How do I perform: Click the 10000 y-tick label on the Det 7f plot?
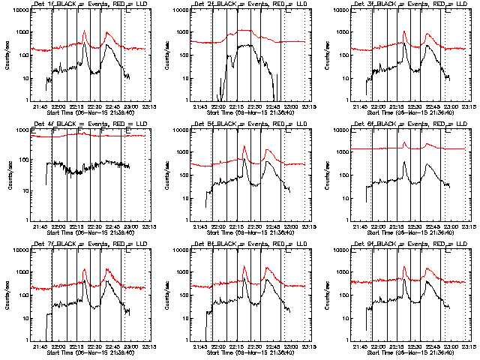(18, 250)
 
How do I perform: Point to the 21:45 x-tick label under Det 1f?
(41, 106)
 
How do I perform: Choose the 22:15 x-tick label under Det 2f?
(237, 106)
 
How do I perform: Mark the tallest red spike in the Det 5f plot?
(244, 147)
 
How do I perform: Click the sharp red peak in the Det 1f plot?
(84, 31)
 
